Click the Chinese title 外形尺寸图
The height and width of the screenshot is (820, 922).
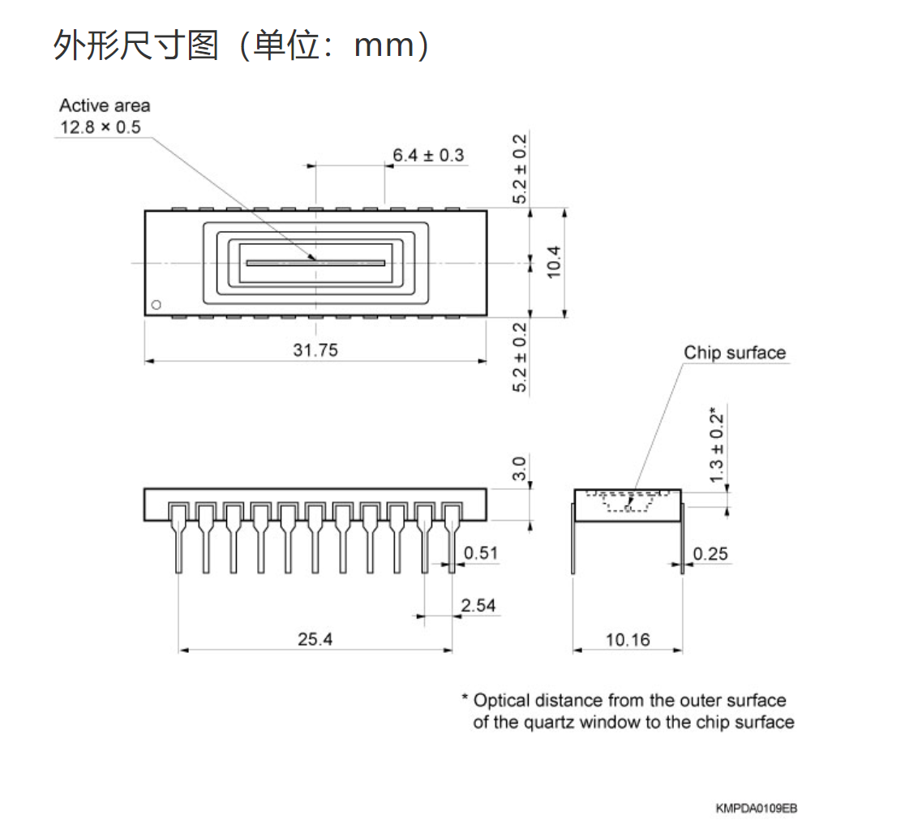pos(135,45)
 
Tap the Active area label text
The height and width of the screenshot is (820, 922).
pos(105,105)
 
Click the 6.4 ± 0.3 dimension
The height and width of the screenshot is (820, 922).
pos(428,155)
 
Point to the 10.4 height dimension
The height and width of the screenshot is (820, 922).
pos(554,262)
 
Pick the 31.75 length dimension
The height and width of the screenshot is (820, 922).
pos(315,350)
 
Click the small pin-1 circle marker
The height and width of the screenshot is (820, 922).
pos(157,305)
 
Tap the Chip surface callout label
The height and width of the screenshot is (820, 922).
pos(735,353)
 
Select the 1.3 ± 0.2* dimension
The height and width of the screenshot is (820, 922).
pos(717,445)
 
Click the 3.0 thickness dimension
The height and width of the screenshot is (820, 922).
pos(520,468)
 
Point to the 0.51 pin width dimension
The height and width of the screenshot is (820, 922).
pos(481,554)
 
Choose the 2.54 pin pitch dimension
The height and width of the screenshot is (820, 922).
pos(478,606)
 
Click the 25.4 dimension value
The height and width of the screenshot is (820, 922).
pos(315,639)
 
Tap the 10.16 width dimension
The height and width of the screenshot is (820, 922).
pos(628,640)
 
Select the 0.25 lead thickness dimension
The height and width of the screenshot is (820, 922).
pos(710,554)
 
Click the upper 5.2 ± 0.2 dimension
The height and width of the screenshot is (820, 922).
pos(520,169)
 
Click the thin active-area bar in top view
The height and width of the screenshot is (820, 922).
pos(315,263)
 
